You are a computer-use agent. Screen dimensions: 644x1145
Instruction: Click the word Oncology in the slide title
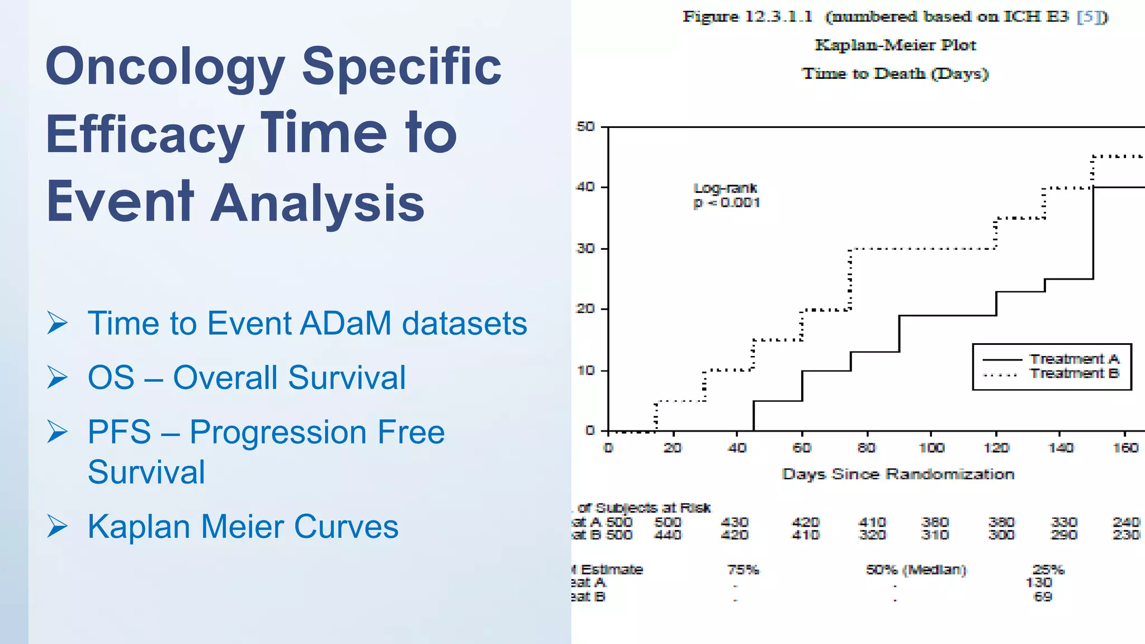(x=165, y=67)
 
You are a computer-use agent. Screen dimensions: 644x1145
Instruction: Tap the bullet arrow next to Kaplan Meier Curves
(x=58, y=527)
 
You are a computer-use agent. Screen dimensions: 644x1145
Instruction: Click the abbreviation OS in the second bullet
(x=111, y=377)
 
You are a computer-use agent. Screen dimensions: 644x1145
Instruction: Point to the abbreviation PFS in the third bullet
(x=119, y=432)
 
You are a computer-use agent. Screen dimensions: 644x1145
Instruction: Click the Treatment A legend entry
(x=1074, y=359)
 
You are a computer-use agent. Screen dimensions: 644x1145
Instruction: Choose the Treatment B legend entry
(x=1074, y=373)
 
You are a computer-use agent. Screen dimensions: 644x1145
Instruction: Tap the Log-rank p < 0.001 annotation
(x=726, y=196)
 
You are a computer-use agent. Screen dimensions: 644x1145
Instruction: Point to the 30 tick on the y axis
(x=585, y=248)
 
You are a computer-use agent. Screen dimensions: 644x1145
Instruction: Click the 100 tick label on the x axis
(x=931, y=448)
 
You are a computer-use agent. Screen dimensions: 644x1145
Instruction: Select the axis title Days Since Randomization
(x=898, y=474)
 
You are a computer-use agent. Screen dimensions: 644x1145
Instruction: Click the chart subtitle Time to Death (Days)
(x=895, y=73)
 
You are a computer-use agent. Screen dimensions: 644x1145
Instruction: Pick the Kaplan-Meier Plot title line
(x=895, y=45)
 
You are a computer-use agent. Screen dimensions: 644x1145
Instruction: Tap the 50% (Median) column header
(x=916, y=570)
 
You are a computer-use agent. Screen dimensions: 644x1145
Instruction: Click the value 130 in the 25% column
(x=1039, y=583)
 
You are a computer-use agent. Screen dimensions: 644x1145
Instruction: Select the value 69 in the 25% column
(x=1043, y=596)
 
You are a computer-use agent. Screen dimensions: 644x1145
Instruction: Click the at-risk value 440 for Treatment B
(x=668, y=535)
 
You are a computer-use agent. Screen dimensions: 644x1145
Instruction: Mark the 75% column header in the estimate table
(x=743, y=570)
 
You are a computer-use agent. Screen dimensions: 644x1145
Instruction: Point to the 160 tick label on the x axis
(x=1125, y=448)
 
